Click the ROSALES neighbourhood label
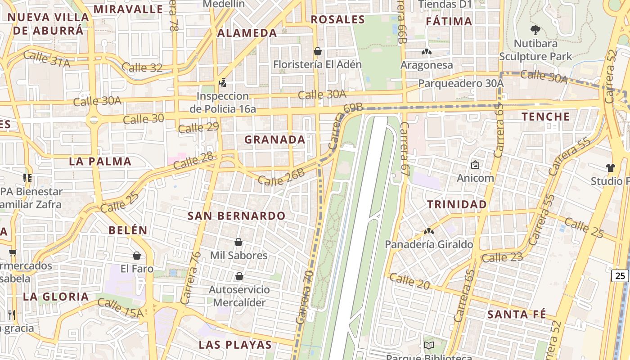tap(337, 19)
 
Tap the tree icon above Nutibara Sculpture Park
tap(535, 30)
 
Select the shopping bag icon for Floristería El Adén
tap(317, 51)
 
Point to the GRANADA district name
tap(275, 140)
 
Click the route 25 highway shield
tap(620, 275)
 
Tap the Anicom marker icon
tap(475, 165)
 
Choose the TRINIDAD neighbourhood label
tap(457, 204)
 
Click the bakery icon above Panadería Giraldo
tap(428, 232)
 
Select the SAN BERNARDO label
tap(237, 216)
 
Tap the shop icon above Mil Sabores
tap(238, 243)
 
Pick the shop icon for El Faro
tap(137, 256)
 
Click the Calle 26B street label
tap(281, 177)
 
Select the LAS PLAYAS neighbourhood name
tap(235, 345)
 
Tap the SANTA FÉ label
tap(517, 314)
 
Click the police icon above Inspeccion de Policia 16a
tap(222, 82)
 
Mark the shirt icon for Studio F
tap(610, 168)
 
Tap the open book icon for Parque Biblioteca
tap(429, 346)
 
